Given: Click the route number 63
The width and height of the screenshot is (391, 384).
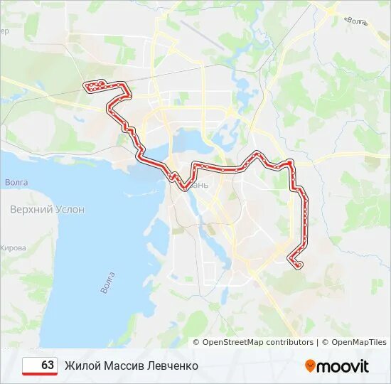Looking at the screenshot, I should [x=48, y=366].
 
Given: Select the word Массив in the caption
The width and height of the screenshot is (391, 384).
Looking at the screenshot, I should [x=123, y=366].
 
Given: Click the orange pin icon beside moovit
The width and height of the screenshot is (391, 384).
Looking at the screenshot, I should [x=310, y=366].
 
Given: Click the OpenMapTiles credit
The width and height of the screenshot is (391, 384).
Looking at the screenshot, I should [x=359, y=342].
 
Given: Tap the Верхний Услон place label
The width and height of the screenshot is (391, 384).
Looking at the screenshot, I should [x=47, y=210].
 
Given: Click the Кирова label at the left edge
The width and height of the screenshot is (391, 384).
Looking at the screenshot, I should [x=13, y=247].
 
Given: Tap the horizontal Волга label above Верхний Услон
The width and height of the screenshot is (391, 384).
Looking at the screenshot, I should [x=16, y=183].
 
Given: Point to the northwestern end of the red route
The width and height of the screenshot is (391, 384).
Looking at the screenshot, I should [x=89, y=87].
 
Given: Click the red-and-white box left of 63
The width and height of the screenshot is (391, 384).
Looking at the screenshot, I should [x=31, y=366].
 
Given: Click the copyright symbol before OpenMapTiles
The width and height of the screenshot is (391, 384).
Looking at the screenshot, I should [x=326, y=342].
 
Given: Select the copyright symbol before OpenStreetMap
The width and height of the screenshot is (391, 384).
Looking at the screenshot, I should [x=197, y=342].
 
